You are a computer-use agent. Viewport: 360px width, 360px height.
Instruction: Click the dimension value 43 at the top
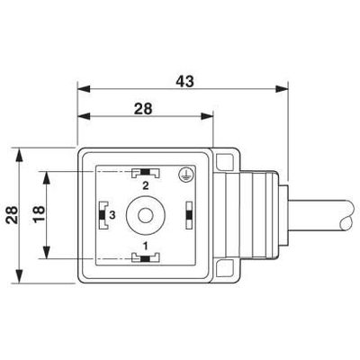pyautogui.click(x=184, y=80)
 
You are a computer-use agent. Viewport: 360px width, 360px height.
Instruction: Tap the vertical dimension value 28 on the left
pyautogui.click(x=9, y=215)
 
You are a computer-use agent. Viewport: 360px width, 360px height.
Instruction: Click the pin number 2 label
pyautogui.click(x=144, y=184)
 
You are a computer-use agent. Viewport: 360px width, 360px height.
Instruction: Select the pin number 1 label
pyautogui.click(x=144, y=244)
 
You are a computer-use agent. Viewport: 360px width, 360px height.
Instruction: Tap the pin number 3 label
pyautogui.click(x=112, y=215)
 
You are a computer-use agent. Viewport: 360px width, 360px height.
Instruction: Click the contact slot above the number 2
pyautogui.click(x=144, y=173)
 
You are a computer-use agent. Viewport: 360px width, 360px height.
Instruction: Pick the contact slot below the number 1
pyautogui.click(x=144, y=258)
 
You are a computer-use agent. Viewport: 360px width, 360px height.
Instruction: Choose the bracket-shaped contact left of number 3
pyautogui.click(x=101, y=215)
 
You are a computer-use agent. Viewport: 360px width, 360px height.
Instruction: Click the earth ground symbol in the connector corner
pyautogui.click(x=184, y=176)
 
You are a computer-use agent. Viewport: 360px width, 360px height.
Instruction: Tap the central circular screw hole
pyautogui.click(x=144, y=215)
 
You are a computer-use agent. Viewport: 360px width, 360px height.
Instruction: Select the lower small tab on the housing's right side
pyautogui.click(x=227, y=268)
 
